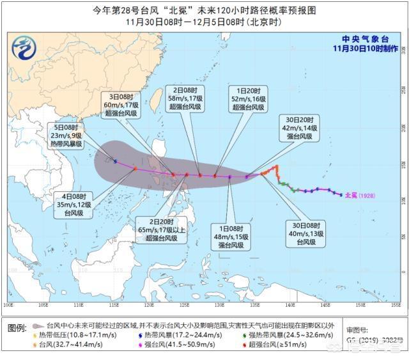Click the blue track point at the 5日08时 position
pyautogui.click(x=115, y=161)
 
